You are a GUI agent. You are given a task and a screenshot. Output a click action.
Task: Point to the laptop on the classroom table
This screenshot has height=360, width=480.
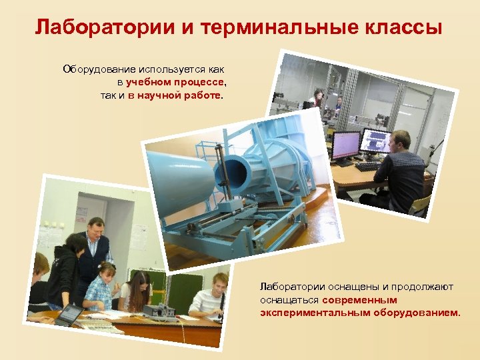pyautogui.click(x=69, y=315)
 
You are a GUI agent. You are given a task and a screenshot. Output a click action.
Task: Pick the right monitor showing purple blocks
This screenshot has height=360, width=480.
pyautogui.click(x=375, y=141)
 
